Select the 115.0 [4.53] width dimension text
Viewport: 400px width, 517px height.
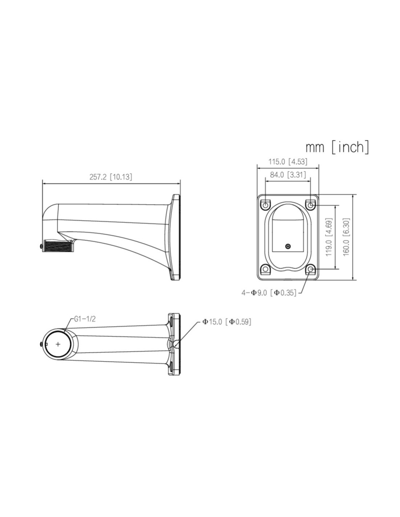point(288,162)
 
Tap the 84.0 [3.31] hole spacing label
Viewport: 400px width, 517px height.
point(288,175)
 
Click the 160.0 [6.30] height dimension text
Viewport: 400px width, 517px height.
point(346,237)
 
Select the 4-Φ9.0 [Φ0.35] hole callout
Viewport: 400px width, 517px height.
point(269,293)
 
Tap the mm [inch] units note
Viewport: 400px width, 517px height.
point(337,147)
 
